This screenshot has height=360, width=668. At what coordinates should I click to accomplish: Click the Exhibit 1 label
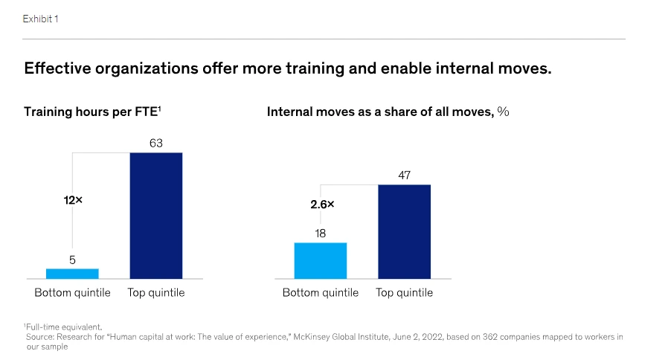tap(41, 19)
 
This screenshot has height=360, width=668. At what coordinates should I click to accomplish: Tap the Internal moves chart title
tap(388, 112)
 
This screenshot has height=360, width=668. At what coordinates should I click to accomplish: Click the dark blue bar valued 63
tap(155, 216)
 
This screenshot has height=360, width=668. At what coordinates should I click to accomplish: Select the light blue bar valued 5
tap(72, 274)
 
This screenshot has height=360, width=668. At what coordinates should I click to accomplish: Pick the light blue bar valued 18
tap(321, 260)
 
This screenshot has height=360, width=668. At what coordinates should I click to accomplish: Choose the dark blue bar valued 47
tap(404, 231)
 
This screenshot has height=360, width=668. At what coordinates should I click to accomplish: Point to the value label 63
tap(155, 143)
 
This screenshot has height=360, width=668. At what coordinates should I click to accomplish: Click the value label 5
tap(72, 260)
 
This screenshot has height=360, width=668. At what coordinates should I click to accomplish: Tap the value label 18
tap(321, 234)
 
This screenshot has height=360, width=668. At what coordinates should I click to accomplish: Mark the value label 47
tap(404, 176)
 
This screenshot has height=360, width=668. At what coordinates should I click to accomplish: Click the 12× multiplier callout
tap(73, 200)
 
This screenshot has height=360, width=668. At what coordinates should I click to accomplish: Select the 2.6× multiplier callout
tap(322, 204)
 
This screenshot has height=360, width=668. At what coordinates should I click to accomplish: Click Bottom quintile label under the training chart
tap(72, 293)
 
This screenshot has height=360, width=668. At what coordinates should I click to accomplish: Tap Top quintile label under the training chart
tap(155, 293)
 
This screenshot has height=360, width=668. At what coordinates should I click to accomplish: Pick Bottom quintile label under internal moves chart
tap(321, 293)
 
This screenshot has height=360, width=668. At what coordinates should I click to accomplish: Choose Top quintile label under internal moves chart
tap(404, 293)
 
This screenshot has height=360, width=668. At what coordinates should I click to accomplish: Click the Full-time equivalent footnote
tap(62, 327)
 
